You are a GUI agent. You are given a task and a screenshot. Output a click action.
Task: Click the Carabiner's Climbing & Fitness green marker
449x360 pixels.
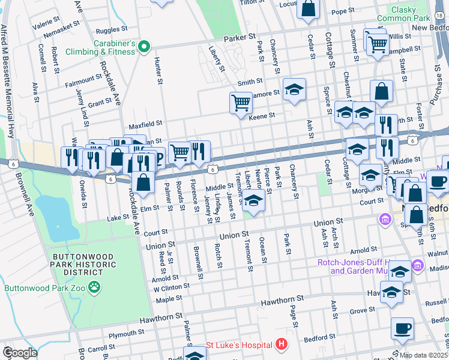144,46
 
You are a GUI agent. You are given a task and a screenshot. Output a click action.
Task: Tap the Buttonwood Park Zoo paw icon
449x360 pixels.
94,287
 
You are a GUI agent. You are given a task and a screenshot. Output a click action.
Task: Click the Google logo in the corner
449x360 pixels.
20,353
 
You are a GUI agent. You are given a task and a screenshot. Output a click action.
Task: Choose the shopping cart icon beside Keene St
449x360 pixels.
241,103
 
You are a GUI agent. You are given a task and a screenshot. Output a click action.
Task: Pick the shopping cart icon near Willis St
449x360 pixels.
377,43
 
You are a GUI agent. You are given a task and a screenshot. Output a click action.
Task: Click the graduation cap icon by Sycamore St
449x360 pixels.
294,91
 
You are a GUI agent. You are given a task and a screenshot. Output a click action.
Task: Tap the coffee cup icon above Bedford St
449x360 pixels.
402,329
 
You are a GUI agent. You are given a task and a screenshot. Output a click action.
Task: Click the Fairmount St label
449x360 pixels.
84,79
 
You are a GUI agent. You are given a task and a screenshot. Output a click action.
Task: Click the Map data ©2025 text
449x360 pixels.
424,355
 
